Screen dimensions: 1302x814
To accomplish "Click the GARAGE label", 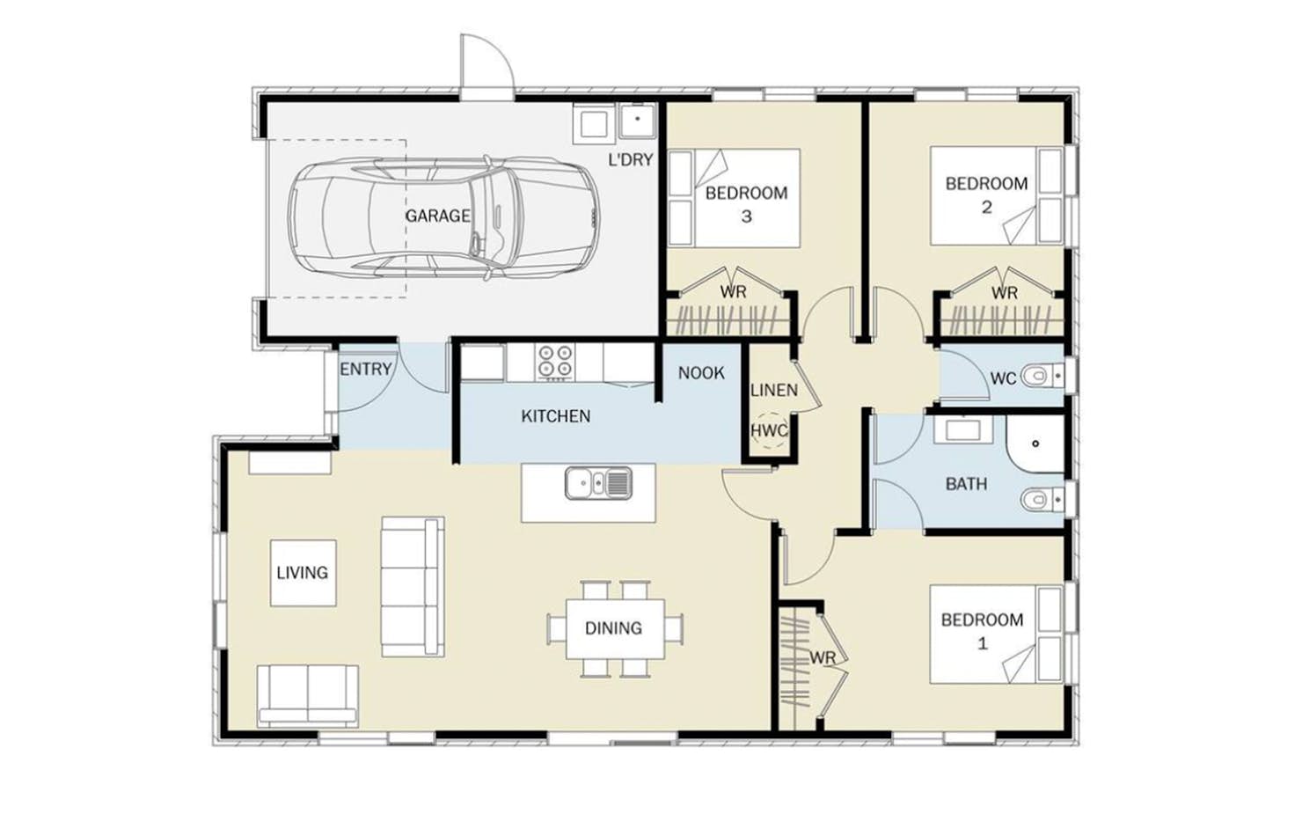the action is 438,216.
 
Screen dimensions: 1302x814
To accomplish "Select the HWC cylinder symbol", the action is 770,431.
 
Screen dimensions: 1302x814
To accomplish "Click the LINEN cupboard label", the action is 773,390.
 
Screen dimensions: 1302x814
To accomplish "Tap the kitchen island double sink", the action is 598,483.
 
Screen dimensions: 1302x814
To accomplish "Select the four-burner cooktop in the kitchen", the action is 554,362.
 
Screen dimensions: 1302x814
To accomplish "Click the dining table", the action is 615,629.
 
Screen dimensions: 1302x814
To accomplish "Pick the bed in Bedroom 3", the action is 734,198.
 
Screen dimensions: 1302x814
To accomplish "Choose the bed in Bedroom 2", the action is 996,195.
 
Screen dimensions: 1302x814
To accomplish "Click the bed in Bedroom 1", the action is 996,634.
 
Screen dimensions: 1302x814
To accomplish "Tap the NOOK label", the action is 701,373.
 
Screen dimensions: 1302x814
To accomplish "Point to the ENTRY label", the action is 366,370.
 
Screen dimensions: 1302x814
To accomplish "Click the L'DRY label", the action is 631,159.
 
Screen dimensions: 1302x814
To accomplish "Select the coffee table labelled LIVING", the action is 303,573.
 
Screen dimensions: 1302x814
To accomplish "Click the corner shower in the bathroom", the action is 1035,444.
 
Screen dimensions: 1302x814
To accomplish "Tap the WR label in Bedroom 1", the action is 823,658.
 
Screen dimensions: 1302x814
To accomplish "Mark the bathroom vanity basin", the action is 962,430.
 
